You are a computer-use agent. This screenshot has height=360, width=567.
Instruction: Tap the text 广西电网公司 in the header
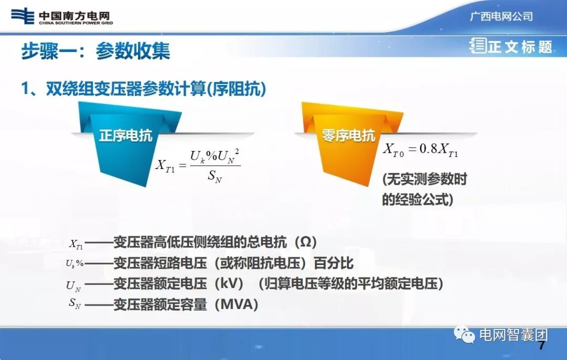(501, 16)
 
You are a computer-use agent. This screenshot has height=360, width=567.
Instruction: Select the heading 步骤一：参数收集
(96, 51)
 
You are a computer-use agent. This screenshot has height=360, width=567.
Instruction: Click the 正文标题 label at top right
(520, 47)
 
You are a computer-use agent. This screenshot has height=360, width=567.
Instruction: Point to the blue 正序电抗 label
(125, 135)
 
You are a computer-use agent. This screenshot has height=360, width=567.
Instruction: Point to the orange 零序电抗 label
(349, 135)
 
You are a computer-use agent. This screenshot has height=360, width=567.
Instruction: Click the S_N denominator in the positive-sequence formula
(215, 177)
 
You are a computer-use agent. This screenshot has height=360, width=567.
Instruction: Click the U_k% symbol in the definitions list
(74, 264)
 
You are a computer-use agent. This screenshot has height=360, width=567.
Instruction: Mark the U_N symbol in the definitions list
(73, 285)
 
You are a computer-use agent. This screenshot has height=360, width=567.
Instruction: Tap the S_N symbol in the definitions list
(75, 303)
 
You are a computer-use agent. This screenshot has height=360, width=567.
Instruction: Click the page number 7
(542, 346)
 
